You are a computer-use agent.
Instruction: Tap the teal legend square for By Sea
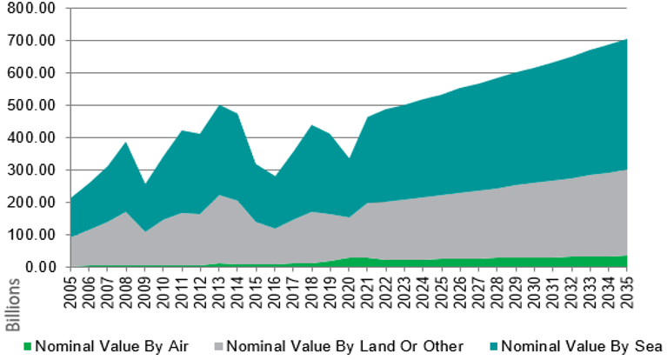click(x=491, y=343)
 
